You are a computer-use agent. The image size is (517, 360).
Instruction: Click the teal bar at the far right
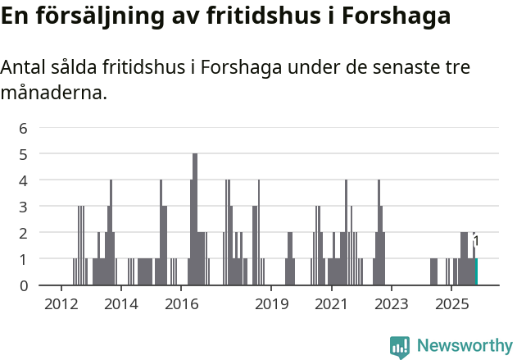(x=476, y=271)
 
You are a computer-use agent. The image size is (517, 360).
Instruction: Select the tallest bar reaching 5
(x=195, y=219)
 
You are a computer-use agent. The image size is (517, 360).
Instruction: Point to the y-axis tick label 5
(x=24, y=153)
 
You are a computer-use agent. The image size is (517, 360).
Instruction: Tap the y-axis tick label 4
(x=24, y=180)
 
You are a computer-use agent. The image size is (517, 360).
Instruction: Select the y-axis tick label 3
(x=24, y=206)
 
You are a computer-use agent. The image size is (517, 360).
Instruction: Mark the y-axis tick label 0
(x=24, y=285)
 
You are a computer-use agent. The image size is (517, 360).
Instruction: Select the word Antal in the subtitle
(x=23, y=67)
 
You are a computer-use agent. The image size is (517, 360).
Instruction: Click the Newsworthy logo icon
(x=400, y=346)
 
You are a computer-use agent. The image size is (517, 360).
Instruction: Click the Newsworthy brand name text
(x=465, y=346)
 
